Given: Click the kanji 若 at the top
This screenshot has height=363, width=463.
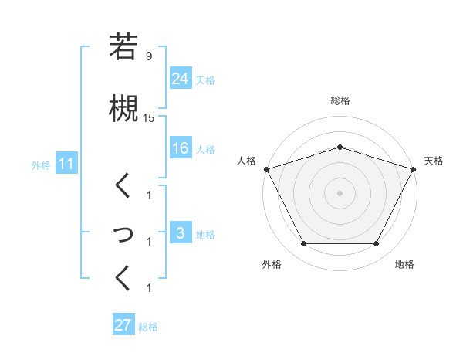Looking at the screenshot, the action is coord(123,47).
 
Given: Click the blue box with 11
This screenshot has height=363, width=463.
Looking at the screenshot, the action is coord(66,164).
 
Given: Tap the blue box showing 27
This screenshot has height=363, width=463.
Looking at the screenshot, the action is coord(123,325).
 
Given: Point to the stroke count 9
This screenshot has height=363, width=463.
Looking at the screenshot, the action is coord(148,56).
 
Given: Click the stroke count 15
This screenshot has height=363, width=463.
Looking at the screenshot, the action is coord(149,118).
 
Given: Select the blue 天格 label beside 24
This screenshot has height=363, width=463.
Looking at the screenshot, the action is coord(205,80).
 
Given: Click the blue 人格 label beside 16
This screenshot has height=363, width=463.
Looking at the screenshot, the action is coord(205,150).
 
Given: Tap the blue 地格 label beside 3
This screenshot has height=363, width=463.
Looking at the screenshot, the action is coord(205,235).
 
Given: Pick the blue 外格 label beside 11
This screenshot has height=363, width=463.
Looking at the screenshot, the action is coord(41,165).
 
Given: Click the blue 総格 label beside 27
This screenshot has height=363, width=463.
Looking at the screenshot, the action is coord(148,327).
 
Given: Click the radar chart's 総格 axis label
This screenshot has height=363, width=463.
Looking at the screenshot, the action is coord(340,100).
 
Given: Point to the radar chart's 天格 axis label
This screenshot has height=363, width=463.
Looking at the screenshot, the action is coord(434,161).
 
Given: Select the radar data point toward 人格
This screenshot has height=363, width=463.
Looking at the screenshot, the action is coord(265,168).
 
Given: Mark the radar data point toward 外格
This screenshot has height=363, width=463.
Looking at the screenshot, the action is coord(303,244).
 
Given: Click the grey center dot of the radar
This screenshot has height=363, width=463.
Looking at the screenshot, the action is coord(340,192).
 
